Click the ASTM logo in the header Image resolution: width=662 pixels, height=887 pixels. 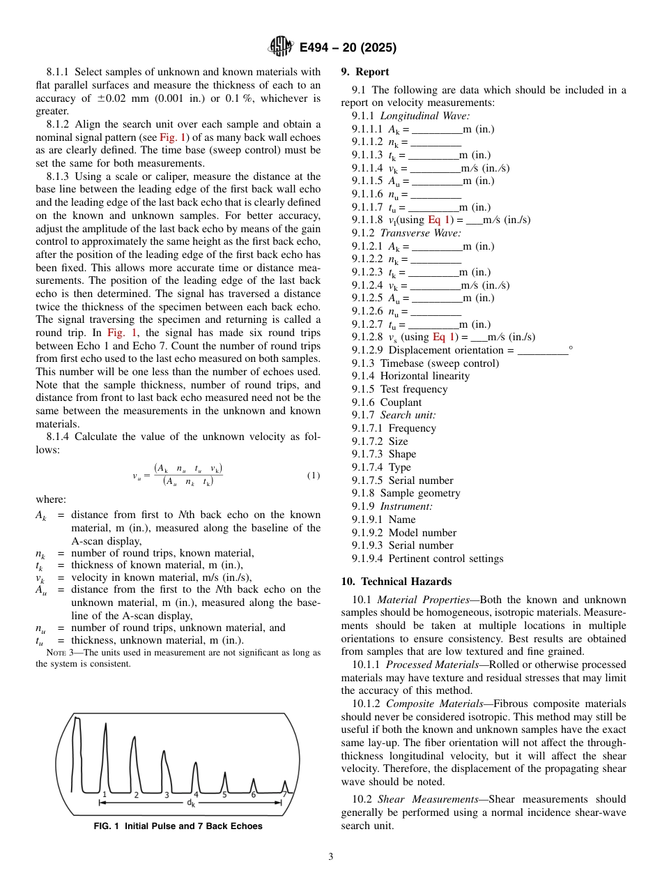(x=281, y=47)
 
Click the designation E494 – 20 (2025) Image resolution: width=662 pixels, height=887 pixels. (x=348, y=48)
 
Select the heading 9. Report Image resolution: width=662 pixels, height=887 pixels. (x=365, y=72)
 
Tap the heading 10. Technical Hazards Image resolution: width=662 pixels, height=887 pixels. (x=396, y=582)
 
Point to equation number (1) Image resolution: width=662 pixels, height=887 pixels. (x=313, y=476)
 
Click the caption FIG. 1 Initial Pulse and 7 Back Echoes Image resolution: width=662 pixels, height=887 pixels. (x=178, y=826)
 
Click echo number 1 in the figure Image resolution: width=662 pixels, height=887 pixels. (x=105, y=794)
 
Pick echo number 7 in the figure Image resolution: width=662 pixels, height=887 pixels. (x=284, y=794)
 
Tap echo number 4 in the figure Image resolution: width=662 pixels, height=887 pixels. (x=196, y=794)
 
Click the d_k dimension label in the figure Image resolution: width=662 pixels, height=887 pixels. (x=192, y=803)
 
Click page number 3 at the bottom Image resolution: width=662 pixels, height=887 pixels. (x=331, y=857)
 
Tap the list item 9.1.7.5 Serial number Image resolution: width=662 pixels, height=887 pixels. (x=402, y=480)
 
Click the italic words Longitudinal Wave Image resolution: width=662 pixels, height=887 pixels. (x=424, y=116)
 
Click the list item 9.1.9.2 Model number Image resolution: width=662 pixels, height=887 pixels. (x=404, y=533)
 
